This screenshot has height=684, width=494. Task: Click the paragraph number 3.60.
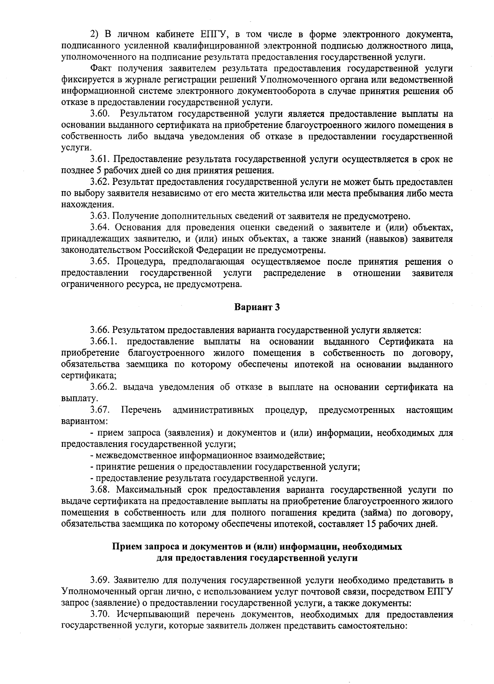100,114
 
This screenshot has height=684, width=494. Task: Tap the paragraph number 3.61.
100,159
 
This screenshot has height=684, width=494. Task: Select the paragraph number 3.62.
100,182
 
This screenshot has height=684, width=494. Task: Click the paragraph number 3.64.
100,227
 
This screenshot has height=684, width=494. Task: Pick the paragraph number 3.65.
100,261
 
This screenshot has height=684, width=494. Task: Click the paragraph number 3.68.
100,490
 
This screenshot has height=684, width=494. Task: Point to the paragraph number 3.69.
100,581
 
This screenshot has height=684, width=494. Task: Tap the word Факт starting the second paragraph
101,68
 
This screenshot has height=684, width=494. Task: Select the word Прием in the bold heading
126,547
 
